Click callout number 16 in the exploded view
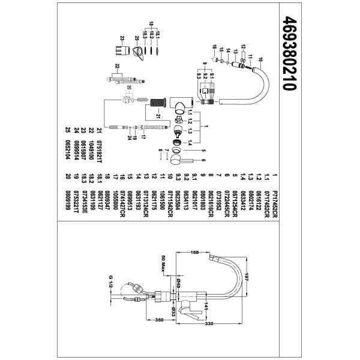[x=214, y=47]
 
